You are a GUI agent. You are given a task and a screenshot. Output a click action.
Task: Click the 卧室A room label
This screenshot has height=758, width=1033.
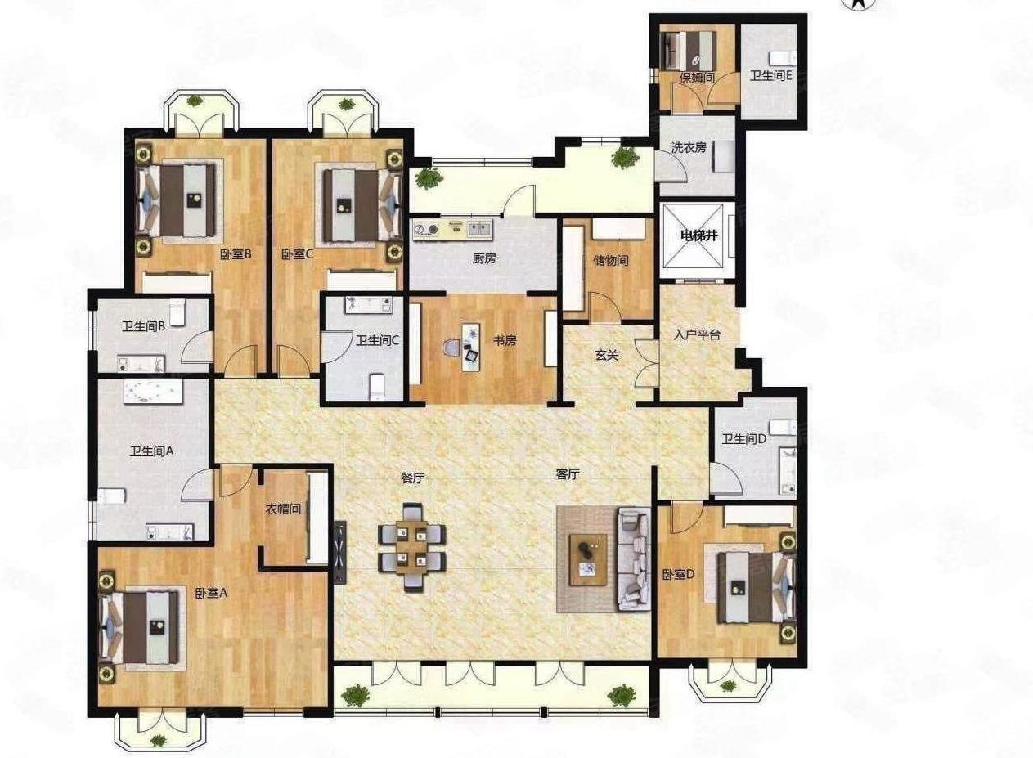[x=211, y=594]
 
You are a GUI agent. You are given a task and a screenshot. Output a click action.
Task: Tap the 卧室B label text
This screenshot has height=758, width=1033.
[x=236, y=254]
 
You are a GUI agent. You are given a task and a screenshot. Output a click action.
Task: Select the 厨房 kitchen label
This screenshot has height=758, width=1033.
[x=484, y=258]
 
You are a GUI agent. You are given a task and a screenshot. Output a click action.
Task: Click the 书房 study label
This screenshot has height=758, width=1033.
[x=505, y=341]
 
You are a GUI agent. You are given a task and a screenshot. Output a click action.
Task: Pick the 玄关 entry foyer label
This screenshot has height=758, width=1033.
[x=606, y=356]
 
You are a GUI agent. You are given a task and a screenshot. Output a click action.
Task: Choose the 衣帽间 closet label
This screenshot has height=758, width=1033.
[x=283, y=509]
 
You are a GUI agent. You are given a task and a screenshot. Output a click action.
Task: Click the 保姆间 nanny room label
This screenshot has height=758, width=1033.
[x=697, y=78]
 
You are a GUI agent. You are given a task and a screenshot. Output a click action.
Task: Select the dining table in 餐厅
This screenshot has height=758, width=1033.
[x=412, y=546]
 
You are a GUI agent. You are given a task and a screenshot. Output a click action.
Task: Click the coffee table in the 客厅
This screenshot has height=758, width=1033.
[x=588, y=559]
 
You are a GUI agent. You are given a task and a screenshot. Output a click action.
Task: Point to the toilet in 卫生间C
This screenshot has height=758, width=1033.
[x=377, y=387]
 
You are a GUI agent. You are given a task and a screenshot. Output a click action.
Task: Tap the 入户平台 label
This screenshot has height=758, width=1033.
[x=697, y=334]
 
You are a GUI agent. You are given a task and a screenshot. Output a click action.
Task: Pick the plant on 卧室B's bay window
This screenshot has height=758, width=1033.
[x=195, y=101]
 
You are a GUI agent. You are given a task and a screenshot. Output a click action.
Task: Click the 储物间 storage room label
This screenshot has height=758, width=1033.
[x=610, y=261]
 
